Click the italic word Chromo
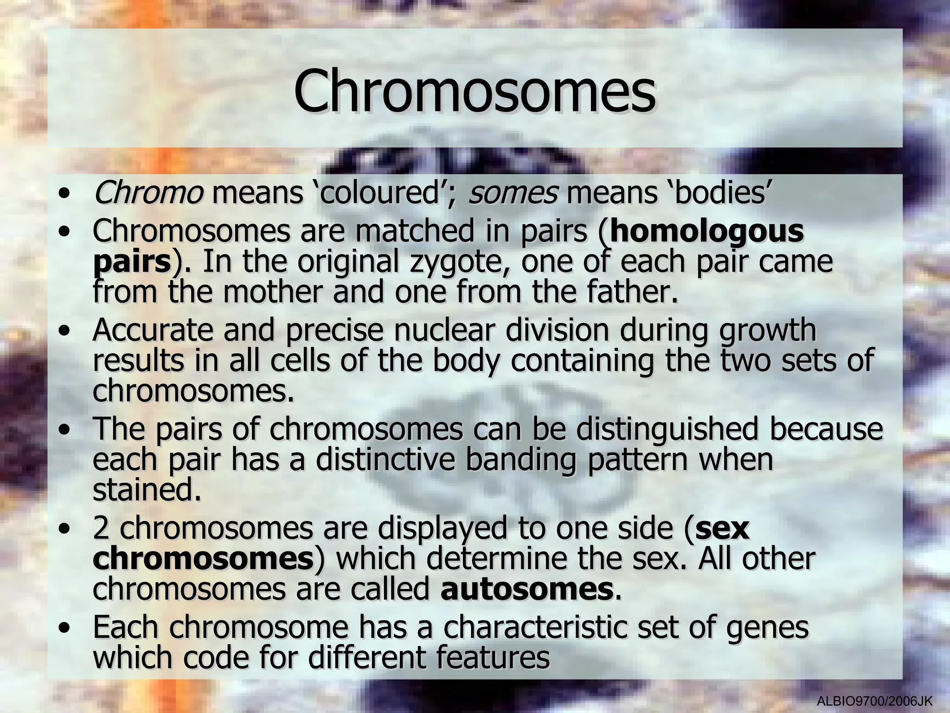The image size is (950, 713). coord(148,193)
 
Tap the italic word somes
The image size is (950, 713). coord(513,193)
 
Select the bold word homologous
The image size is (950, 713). coord(707,231)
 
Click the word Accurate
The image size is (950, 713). coord(153,330)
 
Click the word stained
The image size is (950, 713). coord(147,490)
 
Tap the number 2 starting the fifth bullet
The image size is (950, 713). coord(100,528)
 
